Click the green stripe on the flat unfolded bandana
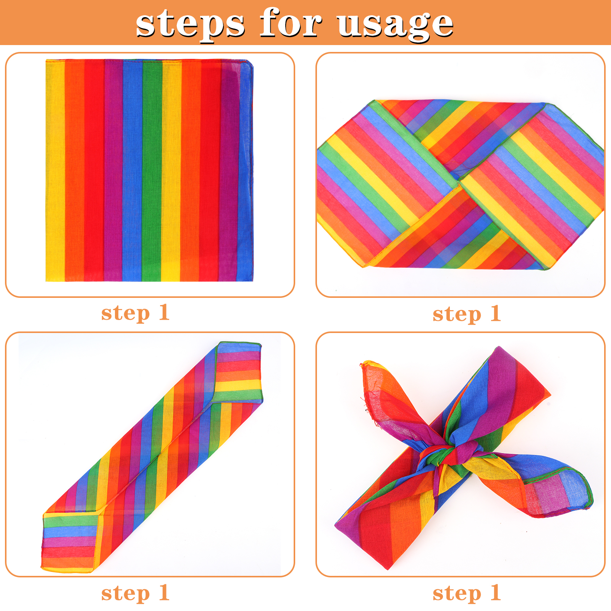152,171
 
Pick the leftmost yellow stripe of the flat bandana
55,171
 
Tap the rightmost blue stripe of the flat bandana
245,171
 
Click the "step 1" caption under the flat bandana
135,313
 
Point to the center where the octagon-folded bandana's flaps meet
459,183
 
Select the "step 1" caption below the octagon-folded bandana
467,314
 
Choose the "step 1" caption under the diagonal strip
135,593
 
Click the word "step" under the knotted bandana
457,594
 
